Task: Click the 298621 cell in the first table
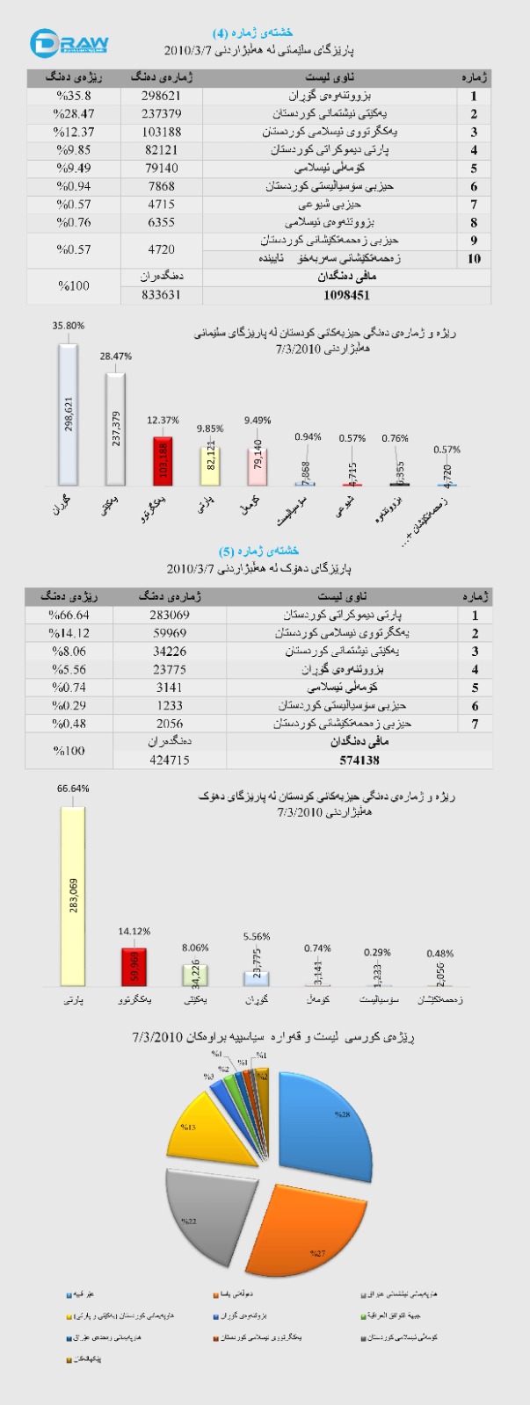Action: [x=161, y=96]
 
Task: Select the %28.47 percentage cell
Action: [x=75, y=114]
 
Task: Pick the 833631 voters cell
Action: [x=161, y=296]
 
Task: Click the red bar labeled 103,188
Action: [x=163, y=461]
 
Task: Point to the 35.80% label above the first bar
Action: [x=69, y=326]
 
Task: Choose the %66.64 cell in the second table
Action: [x=70, y=615]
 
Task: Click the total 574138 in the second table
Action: [x=352, y=760]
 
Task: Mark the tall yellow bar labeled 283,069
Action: [x=73, y=896]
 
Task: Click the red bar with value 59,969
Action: [x=134, y=967]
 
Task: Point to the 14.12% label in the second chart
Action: [x=134, y=932]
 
